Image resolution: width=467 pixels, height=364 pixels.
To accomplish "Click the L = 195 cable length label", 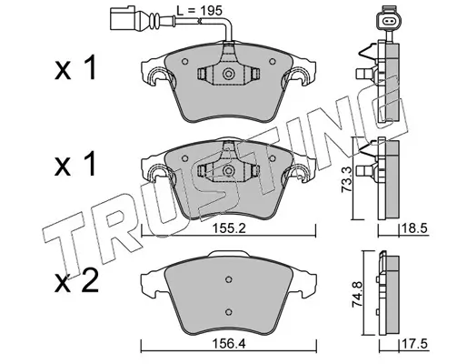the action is tap(200, 11).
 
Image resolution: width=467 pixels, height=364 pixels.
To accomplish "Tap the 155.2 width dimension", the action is tap(229, 228).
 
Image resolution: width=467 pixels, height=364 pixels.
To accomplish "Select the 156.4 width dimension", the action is tap(229, 344).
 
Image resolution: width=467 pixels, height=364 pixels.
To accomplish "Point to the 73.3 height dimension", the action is tap(346, 178).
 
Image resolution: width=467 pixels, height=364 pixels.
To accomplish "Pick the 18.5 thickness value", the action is tap(414, 228).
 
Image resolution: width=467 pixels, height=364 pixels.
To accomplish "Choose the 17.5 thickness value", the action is tap(414, 344).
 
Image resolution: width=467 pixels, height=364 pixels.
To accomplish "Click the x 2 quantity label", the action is tap(76, 282).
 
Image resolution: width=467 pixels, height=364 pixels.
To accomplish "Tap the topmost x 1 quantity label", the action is tap(75, 67).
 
